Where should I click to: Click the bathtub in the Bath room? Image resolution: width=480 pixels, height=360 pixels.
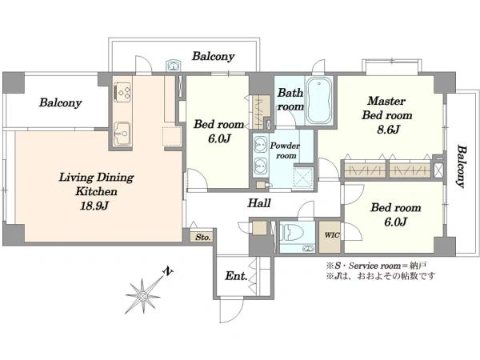(319, 101)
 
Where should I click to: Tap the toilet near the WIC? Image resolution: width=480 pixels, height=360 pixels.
(292, 233)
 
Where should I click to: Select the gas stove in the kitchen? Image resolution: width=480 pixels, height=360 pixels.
(122, 92)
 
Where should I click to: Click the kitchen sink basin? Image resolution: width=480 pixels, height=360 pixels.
(122, 134)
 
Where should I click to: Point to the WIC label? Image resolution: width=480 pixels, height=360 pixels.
(332, 235)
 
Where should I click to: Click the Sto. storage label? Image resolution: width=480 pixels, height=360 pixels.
(203, 237)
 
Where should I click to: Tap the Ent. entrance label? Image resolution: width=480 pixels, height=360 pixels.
(236, 276)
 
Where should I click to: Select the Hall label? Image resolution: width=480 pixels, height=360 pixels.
(259, 203)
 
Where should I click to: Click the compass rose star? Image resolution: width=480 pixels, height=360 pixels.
(142, 296)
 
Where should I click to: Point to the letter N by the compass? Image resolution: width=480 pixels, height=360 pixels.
(168, 271)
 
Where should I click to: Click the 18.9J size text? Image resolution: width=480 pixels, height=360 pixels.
(94, 206)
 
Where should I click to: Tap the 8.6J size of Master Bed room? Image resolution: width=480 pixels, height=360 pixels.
(388, 130)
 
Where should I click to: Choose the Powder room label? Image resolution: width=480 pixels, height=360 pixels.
(285, 150)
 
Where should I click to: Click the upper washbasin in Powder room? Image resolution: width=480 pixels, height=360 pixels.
(261, 142)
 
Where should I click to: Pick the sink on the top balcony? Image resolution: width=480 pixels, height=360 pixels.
(174, 66)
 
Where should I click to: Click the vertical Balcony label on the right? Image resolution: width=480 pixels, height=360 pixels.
(462, 167)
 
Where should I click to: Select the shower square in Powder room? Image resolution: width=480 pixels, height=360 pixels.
(303, 178)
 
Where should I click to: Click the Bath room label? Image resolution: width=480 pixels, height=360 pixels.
(290, 99)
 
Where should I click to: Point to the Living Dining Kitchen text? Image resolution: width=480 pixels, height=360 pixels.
(96, 184)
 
